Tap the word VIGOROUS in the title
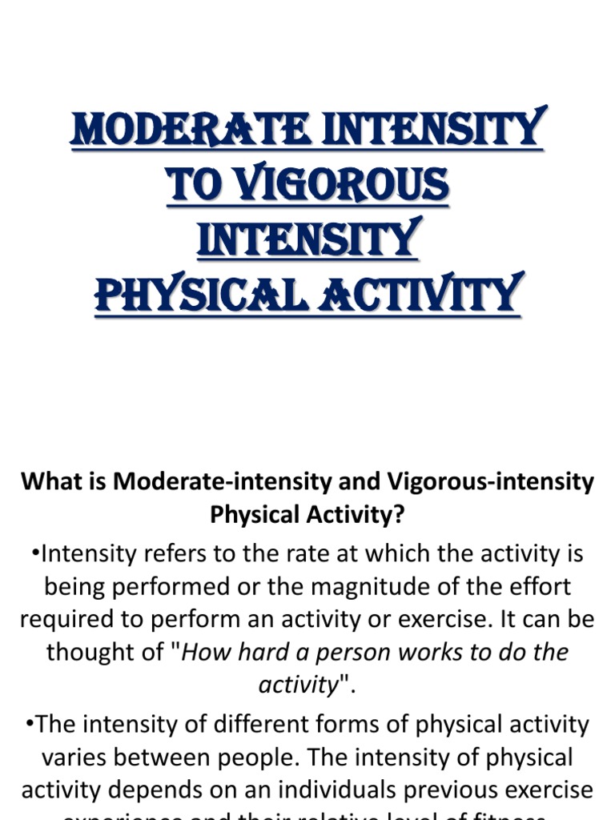click(x=336, y=184)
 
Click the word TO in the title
click(x=191, y=184)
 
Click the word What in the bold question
click(x=47, y=482)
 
